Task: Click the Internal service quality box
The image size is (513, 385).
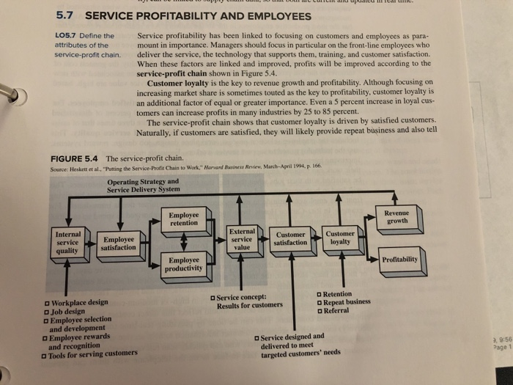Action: (67, 243)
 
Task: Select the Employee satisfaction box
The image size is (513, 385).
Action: (119, 243)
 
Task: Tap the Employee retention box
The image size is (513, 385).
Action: (183, 219)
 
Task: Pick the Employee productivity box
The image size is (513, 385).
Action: (183, 265)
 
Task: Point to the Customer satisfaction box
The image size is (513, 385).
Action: (290, 238)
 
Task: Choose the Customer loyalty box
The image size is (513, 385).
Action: (339, 238)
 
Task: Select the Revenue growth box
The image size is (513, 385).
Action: (396, 216)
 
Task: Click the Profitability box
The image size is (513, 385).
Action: (400, 259)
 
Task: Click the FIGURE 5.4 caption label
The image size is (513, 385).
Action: (75, 158)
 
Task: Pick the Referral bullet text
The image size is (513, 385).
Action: (336, 310)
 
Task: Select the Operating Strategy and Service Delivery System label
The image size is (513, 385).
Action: (143, 185)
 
